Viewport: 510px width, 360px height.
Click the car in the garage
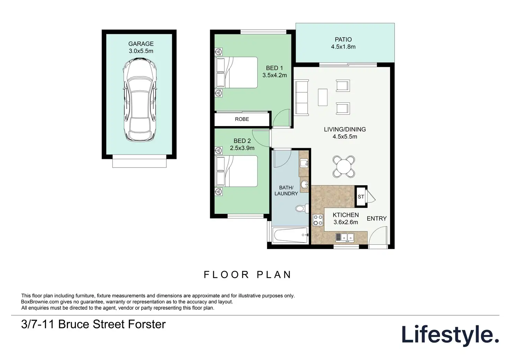coord(140,100)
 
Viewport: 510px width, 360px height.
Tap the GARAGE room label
coord(141,44)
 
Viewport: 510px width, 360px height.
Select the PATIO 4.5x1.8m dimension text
coord(343,47)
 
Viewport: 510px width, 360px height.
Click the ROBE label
coord(242,119)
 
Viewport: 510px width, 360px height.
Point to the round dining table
coord(344,167)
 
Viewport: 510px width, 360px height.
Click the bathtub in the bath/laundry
coord(290,235)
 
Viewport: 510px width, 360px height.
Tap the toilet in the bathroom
coord(302,208)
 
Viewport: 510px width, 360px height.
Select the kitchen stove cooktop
coord(318,220)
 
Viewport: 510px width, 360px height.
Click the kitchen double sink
coord(345,237)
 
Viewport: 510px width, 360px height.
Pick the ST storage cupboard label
coord(361,197)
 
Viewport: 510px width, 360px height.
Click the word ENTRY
coord(377,218)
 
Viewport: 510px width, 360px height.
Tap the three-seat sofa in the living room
coord(302,98)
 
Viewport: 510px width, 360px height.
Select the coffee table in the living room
coord(323,97)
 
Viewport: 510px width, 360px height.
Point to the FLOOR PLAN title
coord(247,275)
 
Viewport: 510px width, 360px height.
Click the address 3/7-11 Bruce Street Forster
coord(93,324)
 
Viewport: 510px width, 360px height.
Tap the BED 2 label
coord(242,141)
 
